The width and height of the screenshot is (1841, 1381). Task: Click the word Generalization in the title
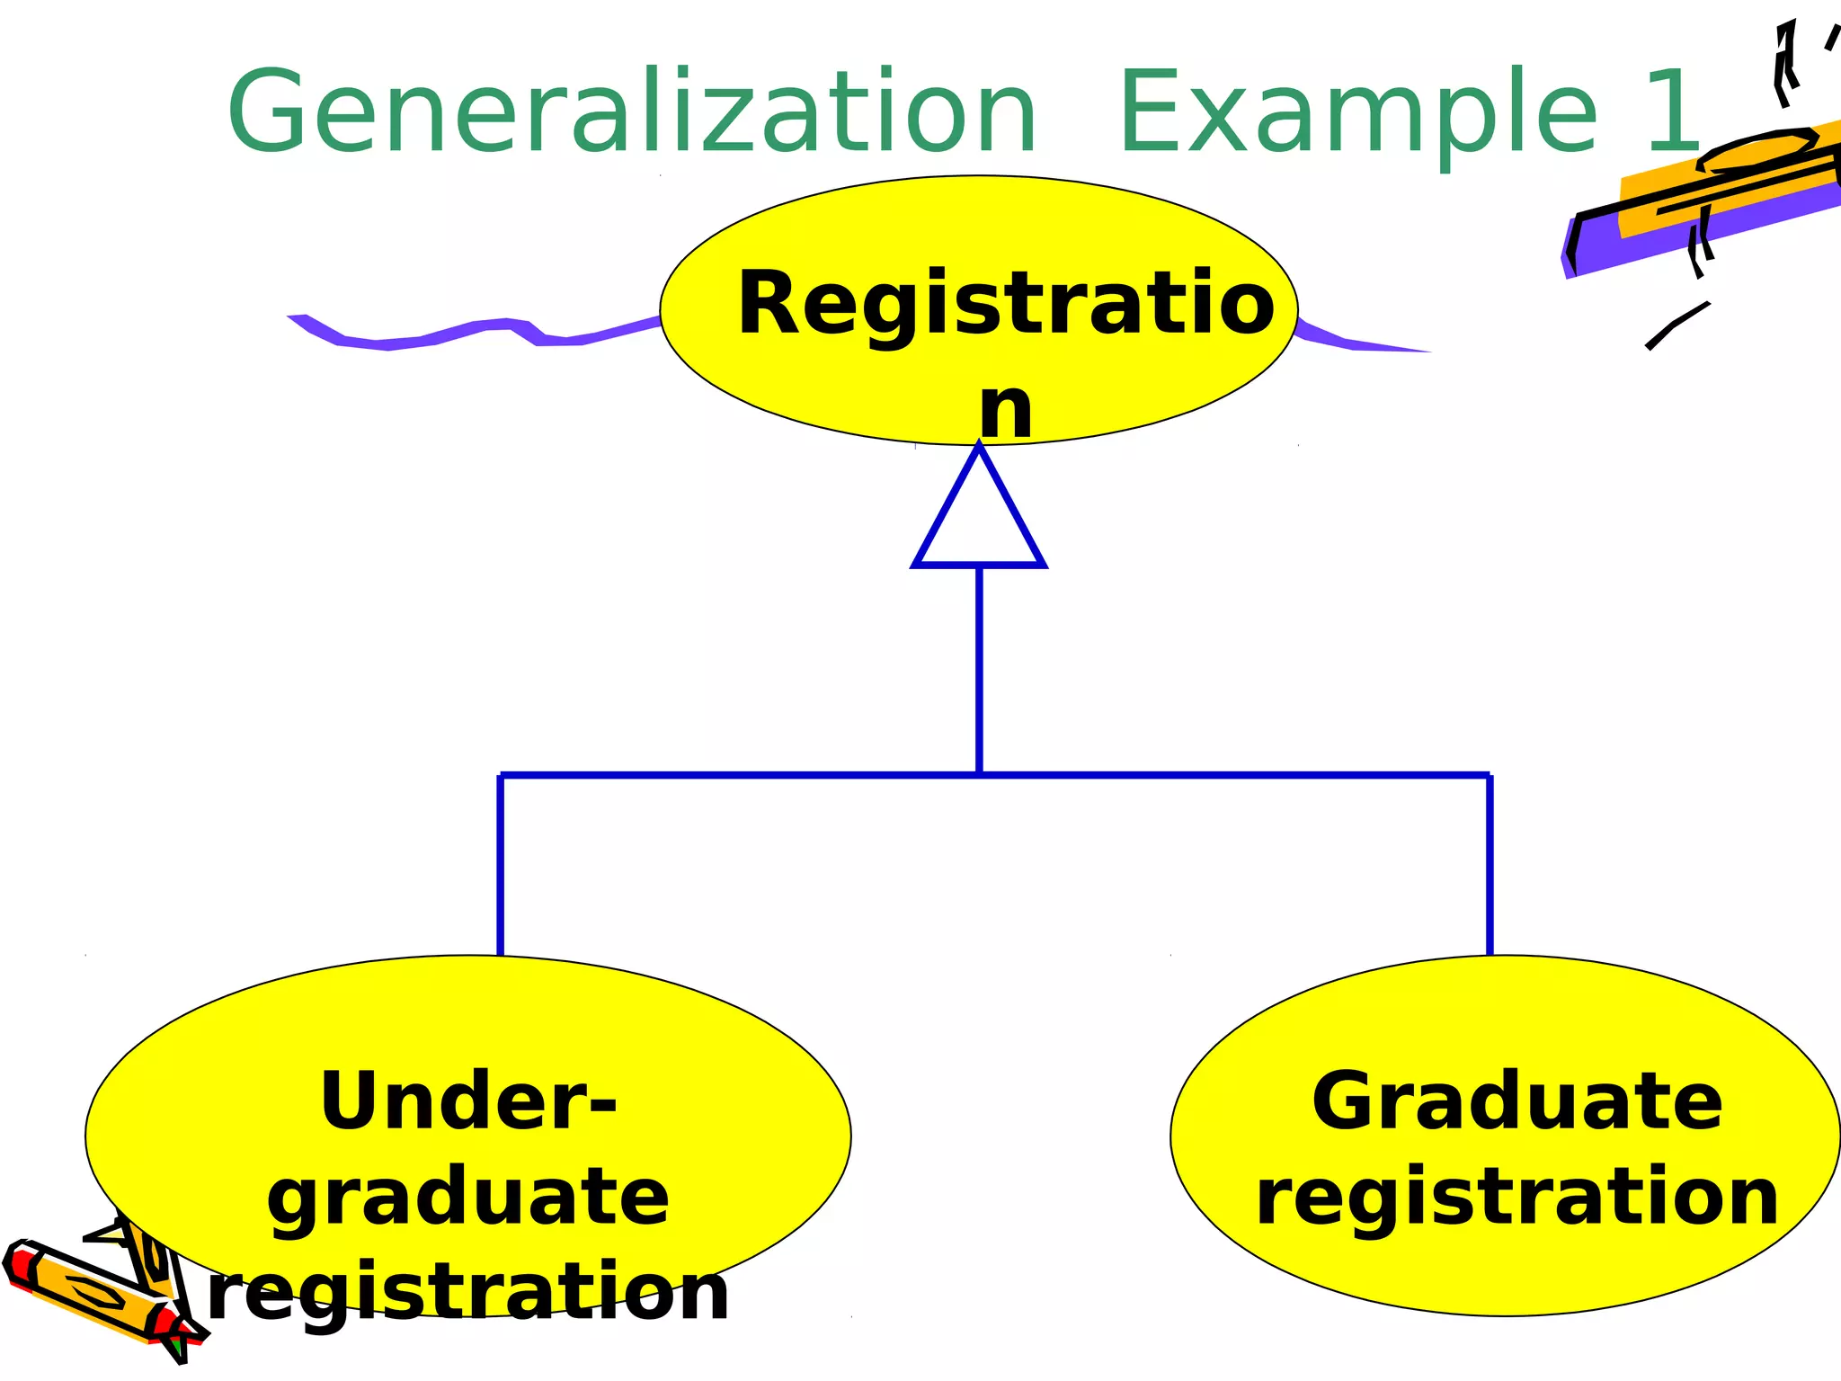(632, 112)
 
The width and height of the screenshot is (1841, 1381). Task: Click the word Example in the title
(1357, 112)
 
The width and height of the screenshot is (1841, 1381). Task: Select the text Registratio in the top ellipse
(1005, 304)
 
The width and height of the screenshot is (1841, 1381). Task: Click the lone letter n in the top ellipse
(1005, 409)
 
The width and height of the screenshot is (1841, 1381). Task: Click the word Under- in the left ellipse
(468, 1101)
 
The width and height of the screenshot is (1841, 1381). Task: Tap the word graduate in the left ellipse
(468, 1198)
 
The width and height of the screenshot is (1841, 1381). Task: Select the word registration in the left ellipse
(468, 1293)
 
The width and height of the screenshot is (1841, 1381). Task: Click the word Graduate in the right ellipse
(1516, 1101)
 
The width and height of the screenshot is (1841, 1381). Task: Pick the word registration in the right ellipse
(1516, 1198)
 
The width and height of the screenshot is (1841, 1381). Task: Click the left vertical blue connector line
(501, 863)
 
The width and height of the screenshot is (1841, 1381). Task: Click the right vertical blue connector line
(1490, 863)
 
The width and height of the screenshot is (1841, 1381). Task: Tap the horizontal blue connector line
(737, 774)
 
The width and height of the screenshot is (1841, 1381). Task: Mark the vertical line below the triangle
(979, 670)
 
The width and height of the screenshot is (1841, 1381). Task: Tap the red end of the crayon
(18, 1263)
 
